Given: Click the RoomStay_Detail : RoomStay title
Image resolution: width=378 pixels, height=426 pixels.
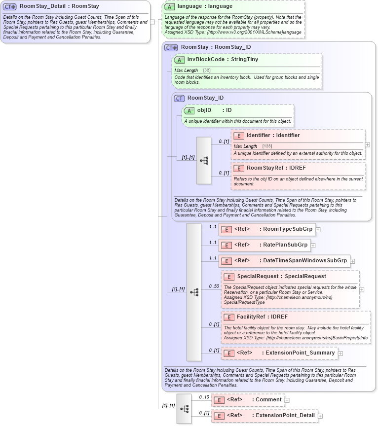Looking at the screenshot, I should [59, 6].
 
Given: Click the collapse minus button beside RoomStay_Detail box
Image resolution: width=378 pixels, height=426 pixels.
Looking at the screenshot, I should [152, 22].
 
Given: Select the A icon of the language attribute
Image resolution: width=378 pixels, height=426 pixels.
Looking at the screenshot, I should [169, 6].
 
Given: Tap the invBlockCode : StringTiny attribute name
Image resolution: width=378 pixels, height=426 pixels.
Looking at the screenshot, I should [223, 60].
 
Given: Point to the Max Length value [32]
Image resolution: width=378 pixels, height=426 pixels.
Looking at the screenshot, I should [207, 71].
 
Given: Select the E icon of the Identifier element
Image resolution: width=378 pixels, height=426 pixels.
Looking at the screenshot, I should [239, 136].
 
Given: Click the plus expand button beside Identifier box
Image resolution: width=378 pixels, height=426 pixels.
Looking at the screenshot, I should [367, 145].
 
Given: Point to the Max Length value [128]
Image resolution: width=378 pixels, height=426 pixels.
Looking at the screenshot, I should [267, 146].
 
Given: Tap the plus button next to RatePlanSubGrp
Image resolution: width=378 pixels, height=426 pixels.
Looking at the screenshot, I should [313, 245].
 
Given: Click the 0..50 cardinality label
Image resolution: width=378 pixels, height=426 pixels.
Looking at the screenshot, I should [214, 286].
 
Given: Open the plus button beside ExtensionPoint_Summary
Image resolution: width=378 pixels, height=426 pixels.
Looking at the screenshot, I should [340, 353].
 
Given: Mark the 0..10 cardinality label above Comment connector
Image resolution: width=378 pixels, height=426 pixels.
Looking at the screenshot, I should [204, 396].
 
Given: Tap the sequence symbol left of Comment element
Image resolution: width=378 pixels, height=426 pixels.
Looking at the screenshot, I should [185, 409].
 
